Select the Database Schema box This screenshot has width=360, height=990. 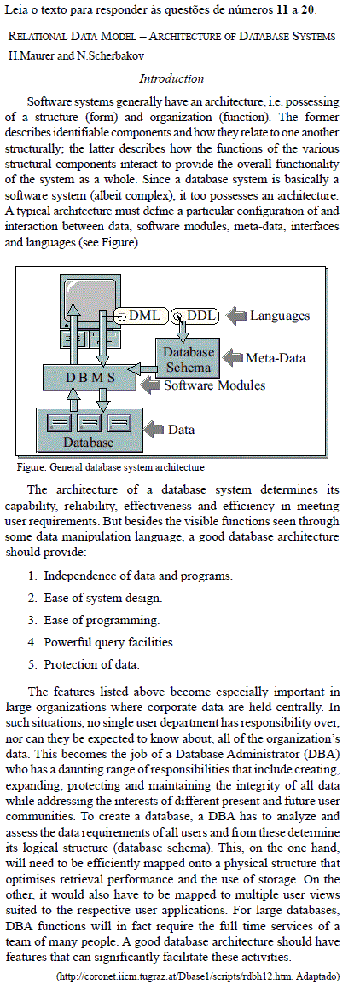[188, 359]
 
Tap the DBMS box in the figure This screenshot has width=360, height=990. [90, 378]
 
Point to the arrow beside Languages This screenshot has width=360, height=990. [235, 316]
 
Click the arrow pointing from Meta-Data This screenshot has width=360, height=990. [235, 358]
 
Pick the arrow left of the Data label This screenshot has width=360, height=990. [154, 429]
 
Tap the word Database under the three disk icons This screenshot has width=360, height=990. [88, 442]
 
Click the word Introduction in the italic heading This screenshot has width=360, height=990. [171, 79]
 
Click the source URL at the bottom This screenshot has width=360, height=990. [198, 976]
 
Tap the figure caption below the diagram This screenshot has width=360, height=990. [111, 468]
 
